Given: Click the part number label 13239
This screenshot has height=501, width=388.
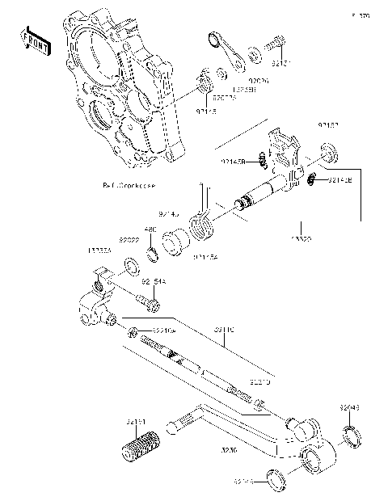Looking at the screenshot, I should pos(302,240).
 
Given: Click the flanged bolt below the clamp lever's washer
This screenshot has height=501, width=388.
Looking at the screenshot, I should pos(150,303).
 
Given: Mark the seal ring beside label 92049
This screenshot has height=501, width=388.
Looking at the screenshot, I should pos(352,436).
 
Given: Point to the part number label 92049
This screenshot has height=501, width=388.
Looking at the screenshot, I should pos(348,410).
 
